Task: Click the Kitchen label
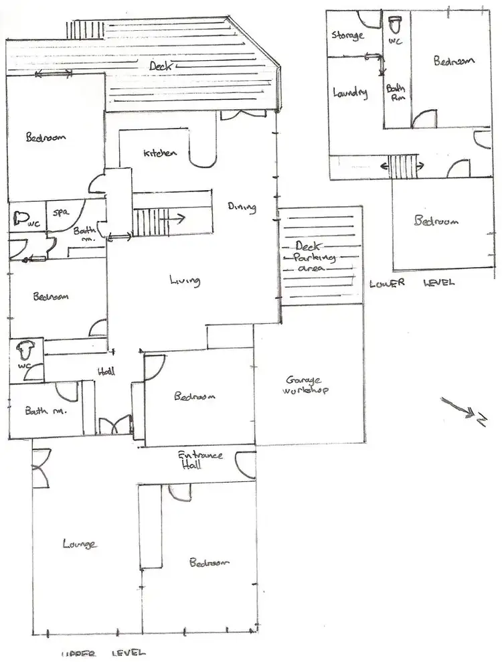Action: click(x=161, y=153)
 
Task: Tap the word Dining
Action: click(x=242, y=207)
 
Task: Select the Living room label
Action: click(x=184, y=282)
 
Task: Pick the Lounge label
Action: click(x=80, y=544)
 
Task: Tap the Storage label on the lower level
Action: click(x=347, y=35)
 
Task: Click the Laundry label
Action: click(x=350, y=94)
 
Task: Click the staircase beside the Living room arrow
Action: click(x=149, y=221)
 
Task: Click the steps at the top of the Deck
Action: click(x=85, y=30)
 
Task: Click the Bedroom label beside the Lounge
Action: click(x=209, y=562)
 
